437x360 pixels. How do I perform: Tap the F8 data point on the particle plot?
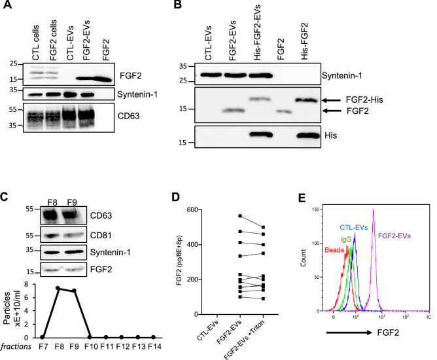pos(58,288)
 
